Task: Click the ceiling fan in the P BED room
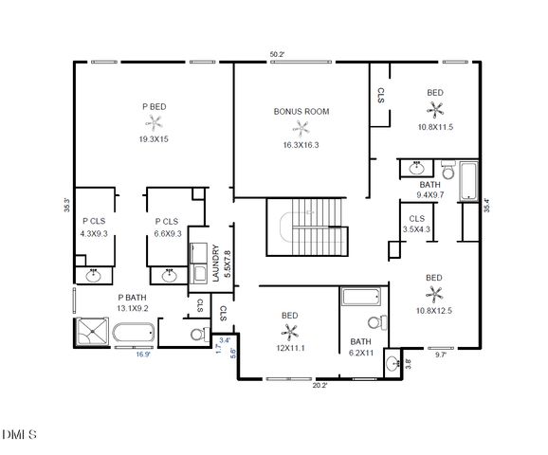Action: [x=153, y=121]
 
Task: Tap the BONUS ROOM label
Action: [x=301, y=111]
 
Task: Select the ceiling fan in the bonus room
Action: [x=301, y=128]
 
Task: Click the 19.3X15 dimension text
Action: [x=153, y=138]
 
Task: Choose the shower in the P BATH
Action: [x=92, y=334]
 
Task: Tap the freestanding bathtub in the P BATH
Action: [x=134, y=335]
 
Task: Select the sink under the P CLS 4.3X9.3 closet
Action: [x=94, y=276]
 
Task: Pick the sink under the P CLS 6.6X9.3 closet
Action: [x=170, y=276]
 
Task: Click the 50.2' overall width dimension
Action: [x=277, y=55]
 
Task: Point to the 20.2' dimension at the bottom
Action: [x=320, y=385]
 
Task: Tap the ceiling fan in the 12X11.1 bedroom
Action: [x=290, y=331]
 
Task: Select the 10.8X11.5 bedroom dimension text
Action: [x=435, y=127]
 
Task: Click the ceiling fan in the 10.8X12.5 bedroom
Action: [x=435, y=295]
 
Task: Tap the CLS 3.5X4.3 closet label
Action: [x=416, y=224]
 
